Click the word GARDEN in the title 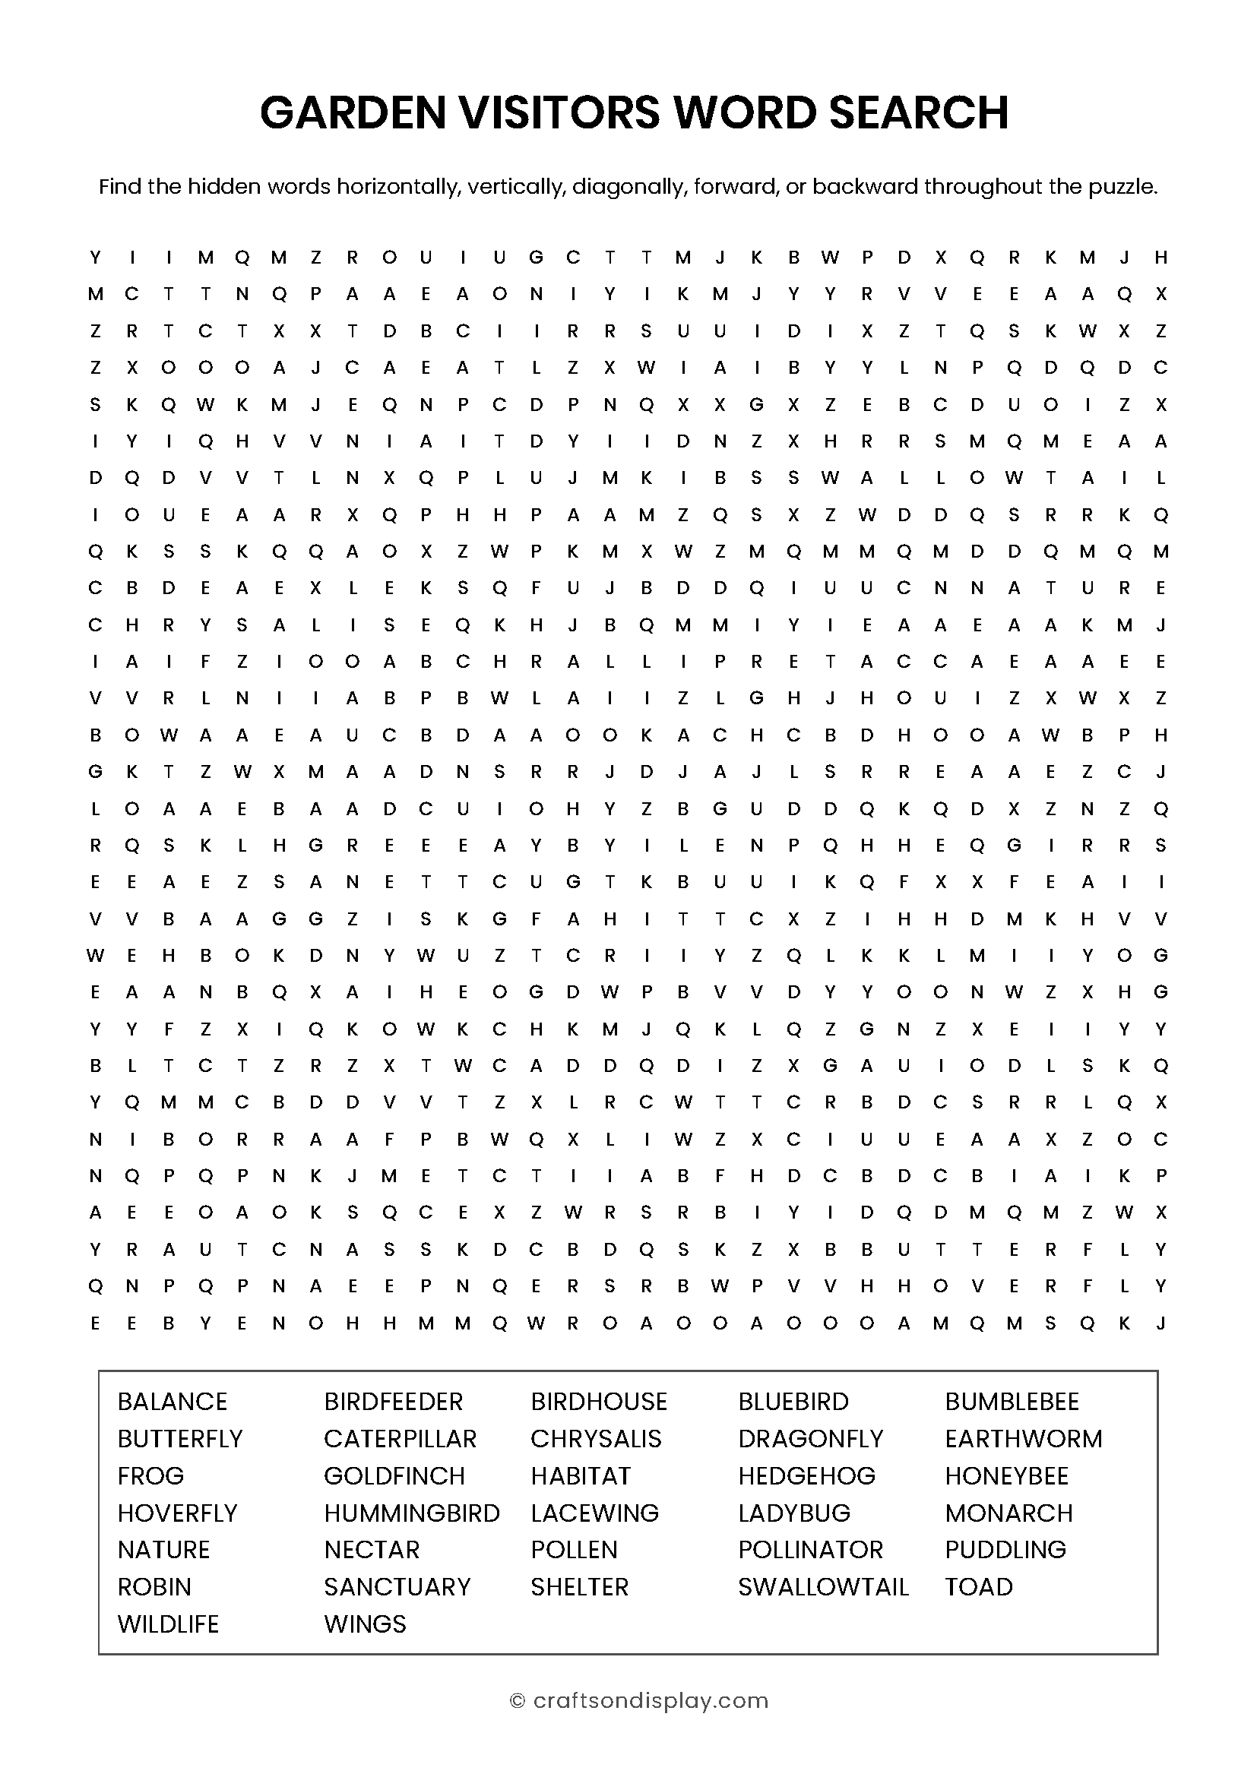pos(353,112)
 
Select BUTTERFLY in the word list pos(180,1438)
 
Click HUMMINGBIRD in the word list pos(412,1513)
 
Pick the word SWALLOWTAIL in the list pos(823,1586)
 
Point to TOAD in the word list pos(978,1586)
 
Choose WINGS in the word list pos(365,1624)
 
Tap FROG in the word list pos(151,1475)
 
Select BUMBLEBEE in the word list pos(1012,1401)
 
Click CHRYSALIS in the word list pos(596,1438)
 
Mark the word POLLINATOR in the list pos(810,1549)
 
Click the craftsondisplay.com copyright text pos(651,1700)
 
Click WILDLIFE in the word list pos(168,1624)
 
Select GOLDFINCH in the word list pos(394,1475)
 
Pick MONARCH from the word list pos(1008,1513)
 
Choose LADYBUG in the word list pos(794,1513)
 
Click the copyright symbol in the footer pos(517,1700)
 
